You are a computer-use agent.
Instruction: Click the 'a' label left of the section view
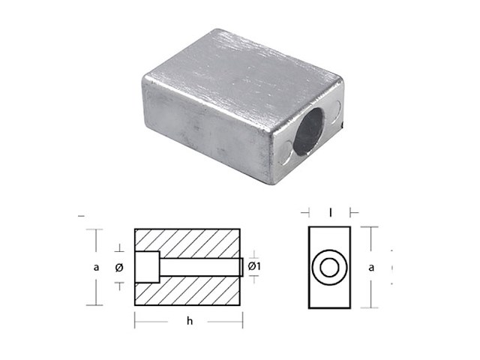(x=96, y=267)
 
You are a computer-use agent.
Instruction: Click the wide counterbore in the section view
(x=147, y=267)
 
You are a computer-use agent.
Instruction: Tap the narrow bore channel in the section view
(x=199, y=267)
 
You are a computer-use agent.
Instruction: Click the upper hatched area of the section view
(x=188, y=242)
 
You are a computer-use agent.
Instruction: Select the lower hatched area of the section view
(x=188, y=292)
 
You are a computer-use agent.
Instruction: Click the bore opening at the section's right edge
(x=241, y=267)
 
